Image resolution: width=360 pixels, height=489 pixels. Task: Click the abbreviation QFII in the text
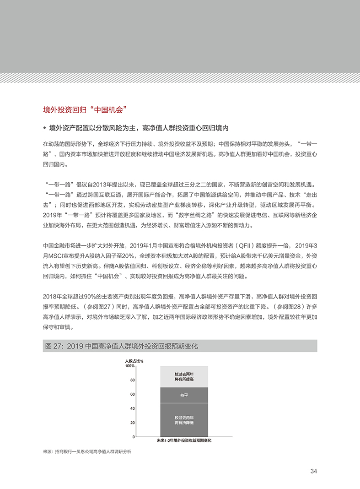coord(245,244)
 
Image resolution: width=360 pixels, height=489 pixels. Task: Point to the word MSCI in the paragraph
coord(57,255)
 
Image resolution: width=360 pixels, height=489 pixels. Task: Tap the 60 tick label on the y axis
coord(132,394)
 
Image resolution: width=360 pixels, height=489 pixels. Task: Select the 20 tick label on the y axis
coord(132,423)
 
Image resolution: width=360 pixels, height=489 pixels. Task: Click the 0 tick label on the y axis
coord(134,437)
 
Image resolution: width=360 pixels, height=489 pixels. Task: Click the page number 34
coord(313,471)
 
